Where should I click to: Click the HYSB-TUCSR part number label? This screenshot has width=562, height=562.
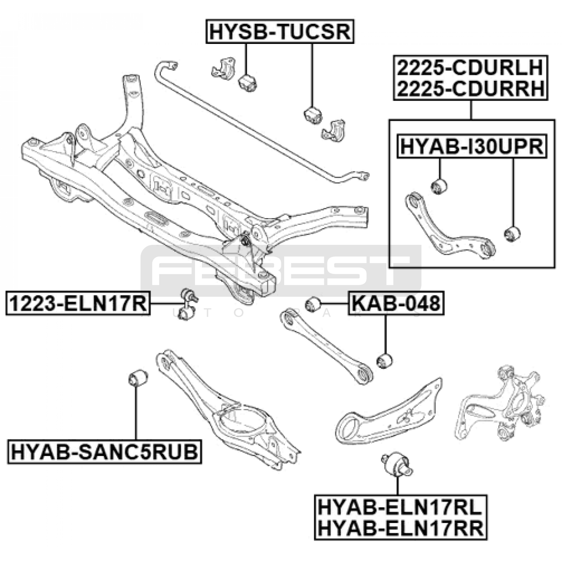[x=280, y=32]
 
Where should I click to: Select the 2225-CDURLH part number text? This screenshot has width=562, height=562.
[x=470, y=67]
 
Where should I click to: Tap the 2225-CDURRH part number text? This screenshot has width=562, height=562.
[x=470, y=89]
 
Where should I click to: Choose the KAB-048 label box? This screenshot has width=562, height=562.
[x=396, y=303]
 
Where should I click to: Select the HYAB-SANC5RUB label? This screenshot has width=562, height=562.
[x=105, y=452]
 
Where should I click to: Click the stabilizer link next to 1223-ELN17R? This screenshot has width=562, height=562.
[x=188, y=304]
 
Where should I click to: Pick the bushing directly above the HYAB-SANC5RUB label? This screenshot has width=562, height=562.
[x=137, y=378]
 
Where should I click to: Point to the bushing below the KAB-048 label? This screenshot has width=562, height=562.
[x=384, y=361]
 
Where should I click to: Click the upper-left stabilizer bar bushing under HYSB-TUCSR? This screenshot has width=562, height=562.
[x=248, y=83]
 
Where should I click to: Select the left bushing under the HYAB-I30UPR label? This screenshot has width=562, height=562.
[x=439, y=186]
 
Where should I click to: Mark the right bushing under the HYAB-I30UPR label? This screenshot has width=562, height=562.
[x=512, y=234]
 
